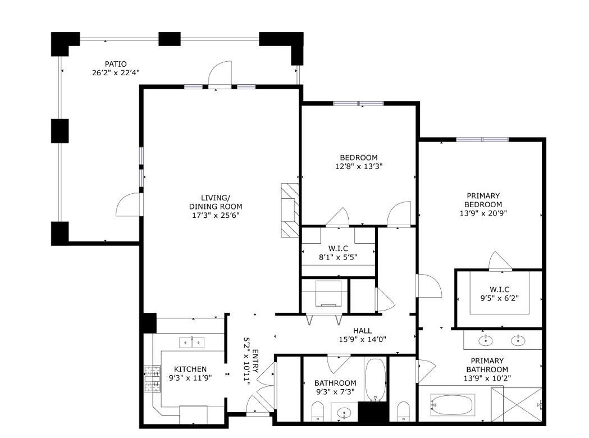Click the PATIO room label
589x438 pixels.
pyautogui.click(x=116, y=64)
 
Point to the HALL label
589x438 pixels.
pyautogui.click(x=362, y=331)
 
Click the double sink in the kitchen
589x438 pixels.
pyautogui.click(x=192, y=342)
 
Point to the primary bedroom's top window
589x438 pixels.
pyautogui.click(x=482, y=139)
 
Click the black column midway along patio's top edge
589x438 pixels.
pyautogui.click(x=169, y=39)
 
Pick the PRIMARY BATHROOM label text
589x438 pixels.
pyautogui.click(x=487, y=365)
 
